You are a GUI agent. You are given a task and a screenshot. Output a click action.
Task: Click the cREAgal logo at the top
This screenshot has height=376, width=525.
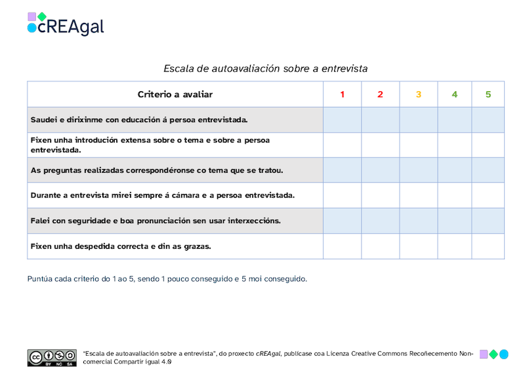66,24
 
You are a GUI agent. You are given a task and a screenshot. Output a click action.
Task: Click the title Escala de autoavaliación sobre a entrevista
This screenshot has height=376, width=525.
265,68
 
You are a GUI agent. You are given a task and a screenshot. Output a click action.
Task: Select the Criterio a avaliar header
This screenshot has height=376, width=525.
175,94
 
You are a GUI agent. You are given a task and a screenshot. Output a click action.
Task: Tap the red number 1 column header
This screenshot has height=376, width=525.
342,94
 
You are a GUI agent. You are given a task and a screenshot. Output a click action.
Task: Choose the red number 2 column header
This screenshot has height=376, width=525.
380,94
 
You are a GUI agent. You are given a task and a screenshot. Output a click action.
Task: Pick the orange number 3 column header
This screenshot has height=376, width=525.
419,94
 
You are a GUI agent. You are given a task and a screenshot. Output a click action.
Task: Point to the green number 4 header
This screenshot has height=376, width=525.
455,94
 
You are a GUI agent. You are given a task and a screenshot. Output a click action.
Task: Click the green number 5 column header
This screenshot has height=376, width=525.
488,94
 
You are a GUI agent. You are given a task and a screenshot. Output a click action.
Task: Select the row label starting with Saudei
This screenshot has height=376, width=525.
139,120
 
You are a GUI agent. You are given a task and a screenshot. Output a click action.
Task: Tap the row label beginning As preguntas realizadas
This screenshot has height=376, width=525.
157,171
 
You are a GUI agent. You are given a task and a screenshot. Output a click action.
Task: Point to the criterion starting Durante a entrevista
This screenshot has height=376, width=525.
163,196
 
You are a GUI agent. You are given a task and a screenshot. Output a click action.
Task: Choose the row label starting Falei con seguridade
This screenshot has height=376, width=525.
156,220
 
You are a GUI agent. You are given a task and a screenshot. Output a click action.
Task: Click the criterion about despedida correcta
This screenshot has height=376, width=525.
120,246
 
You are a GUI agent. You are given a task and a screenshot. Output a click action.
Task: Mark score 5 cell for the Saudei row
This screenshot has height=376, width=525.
488,120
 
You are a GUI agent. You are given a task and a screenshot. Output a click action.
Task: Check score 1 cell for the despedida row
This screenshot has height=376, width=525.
342,246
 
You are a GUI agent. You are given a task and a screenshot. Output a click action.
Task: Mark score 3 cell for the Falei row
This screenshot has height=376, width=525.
419,220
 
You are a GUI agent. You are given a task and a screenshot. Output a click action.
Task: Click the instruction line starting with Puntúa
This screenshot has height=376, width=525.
167,279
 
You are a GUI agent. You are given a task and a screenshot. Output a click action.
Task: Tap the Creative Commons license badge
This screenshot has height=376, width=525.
52,358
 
